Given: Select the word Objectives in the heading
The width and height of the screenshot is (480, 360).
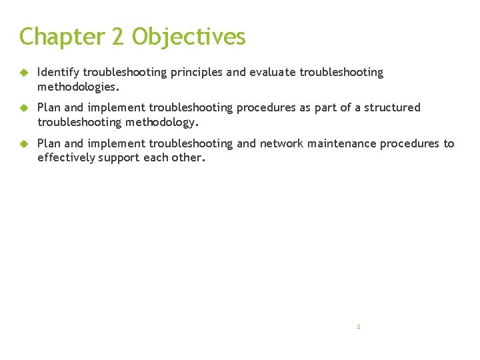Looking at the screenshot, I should click(x=189, y=37).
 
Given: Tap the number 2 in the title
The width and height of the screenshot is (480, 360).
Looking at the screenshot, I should click(x=119, y=37).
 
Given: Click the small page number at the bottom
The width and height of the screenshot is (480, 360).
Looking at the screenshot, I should click(x=359, y=327).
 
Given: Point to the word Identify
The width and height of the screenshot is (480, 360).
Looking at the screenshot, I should click(x=58, y=72).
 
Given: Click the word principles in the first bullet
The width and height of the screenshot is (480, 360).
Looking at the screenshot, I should click(x=195, y=72).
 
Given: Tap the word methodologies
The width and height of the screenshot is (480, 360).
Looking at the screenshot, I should click(x=77, y=86).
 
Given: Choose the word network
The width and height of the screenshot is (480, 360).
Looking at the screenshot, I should click(x=281, y=143).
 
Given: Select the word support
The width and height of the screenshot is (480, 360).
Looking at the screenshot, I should click(x=120, y=157).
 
